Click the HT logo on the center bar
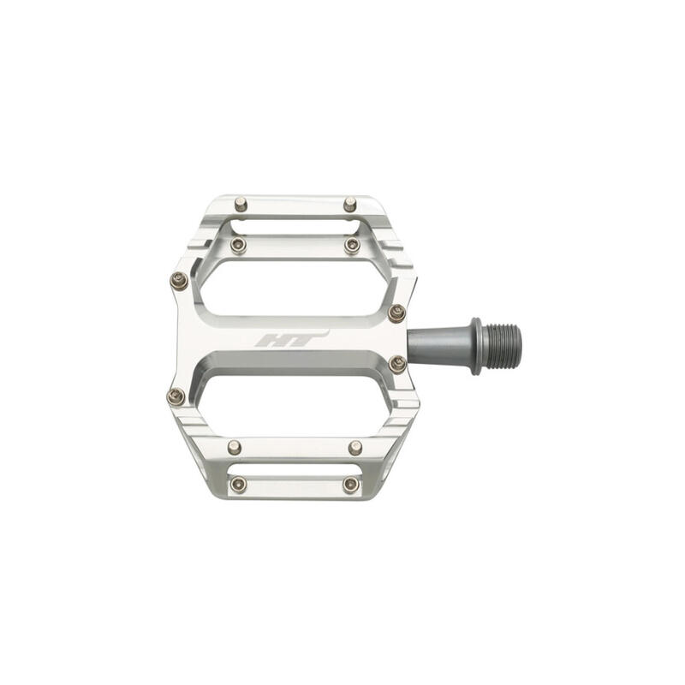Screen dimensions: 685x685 click(x=291, y=338)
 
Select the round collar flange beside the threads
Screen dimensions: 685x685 click(x=476, y=347)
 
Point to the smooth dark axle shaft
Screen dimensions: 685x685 click(x=439, y=346)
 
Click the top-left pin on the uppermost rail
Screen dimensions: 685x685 click(x=241, y=204)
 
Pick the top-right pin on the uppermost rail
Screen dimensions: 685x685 click(x=350, y=204)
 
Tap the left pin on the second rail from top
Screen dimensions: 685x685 click(x=239, y=245)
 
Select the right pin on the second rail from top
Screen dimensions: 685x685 click(x=352, y=246)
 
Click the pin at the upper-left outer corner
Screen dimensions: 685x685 click(x=179, y=281)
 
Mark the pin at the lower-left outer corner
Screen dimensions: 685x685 click(x=176, y=396)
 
